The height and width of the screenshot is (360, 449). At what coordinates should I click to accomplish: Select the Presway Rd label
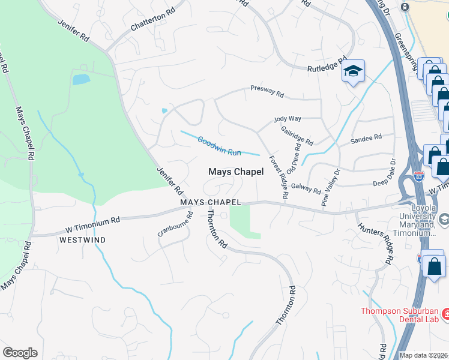pyautogui.click(x=267, y=92)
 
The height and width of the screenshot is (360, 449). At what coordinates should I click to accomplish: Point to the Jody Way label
pyautogui.click(x=287, y=119)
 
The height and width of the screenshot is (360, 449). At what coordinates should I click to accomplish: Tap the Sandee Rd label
pyautogui.click(x=366, y=137)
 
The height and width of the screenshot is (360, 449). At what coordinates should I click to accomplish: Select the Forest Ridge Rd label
pyautogui.click(x=278, y=178)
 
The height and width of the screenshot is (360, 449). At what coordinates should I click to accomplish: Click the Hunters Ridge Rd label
pyautogui.click(x=375, y=244)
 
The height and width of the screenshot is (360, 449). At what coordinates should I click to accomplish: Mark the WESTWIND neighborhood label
pyautogui.click(x=83, y=239)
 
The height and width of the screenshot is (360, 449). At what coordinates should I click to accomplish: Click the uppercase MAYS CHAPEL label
pyautogui.click(x=211, y=202)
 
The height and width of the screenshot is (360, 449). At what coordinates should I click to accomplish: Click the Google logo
pyautogui.click(x=20, y=353)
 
